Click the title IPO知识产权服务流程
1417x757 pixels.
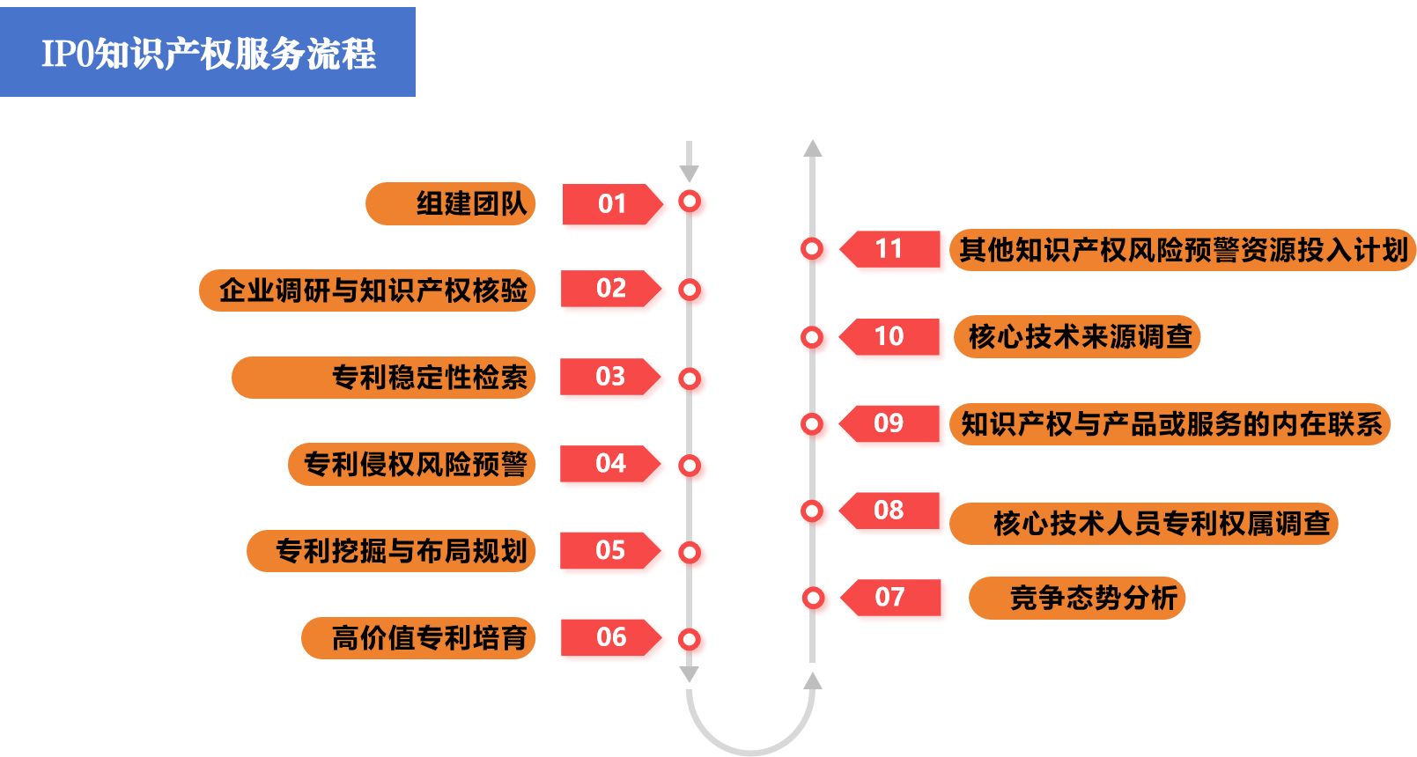pyautogui.click(x=208, y=53)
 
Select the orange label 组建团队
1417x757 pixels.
pyautogui.click(x=451, y=204)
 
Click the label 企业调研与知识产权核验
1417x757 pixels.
pyautogui.click(x=368, y=290)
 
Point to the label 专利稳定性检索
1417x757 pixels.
pyautogui.click(x=384, y=378)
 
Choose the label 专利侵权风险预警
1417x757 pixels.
pyautogui.click(x=412, y=464)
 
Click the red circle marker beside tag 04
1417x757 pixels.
pyautogui.click(x=693, y=467)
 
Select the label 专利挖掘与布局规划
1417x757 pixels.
pyautogui.click(x=392, y=551)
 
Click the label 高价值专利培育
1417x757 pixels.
pyautogui.click(x=418, y=638)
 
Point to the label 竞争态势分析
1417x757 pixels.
pyautogui.click(x=1078, y=599)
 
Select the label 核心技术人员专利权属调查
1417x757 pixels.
pyautogui.click(x=1144, y=524)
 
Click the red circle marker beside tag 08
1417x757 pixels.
pyautogui.click(x=816, y=513)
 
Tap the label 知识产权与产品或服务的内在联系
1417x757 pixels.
pyautogui.click(x=1170, y=425)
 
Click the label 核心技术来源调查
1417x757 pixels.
pyautogui.click(x=1077, y=337)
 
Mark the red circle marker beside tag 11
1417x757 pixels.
pyautogui.click(x=816, y=252)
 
